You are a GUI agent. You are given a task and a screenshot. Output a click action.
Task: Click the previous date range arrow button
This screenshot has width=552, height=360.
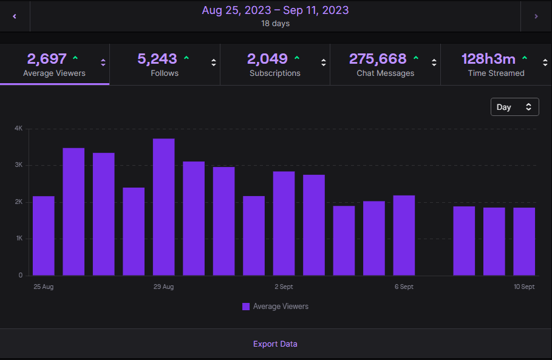(x=15, y=16)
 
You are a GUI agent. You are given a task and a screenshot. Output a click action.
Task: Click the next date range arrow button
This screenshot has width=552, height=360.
(x=536, y=16)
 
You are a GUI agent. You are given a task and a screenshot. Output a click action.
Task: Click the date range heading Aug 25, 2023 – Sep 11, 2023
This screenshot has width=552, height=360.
(x=275, y=10)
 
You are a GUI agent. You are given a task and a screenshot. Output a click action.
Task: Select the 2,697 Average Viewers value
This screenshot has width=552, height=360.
(x=47, y=59)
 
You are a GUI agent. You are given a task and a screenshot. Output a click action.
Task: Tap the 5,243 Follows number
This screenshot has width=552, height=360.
(x=157, y=59)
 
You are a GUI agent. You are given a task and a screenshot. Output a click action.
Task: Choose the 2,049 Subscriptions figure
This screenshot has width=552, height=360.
(x=267, y=59)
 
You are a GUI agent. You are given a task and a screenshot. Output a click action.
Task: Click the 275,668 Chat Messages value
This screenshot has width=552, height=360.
(x=377, y=59)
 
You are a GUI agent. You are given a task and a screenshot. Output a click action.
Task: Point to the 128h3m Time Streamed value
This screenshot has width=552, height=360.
(x=488, y=59)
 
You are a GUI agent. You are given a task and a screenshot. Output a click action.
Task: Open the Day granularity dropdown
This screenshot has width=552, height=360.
(x=514, y=107)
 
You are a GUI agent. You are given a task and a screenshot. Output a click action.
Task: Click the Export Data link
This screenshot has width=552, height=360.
(x=275, y=344)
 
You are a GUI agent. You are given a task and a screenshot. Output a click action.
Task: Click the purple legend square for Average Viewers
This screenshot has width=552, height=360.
(x=246, y=307)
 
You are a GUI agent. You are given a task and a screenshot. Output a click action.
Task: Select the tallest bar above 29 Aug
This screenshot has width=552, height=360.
(x=164, y=206)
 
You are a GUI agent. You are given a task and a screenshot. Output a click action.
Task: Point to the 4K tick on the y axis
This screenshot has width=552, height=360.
(x=18, y=129)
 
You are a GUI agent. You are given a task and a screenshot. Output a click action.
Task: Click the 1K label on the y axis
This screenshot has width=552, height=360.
(x=18, y=239)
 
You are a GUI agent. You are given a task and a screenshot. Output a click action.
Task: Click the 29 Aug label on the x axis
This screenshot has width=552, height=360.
(x=164, y=287)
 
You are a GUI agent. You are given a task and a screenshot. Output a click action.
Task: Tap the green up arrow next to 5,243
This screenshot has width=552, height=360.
(x=186, y=58)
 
